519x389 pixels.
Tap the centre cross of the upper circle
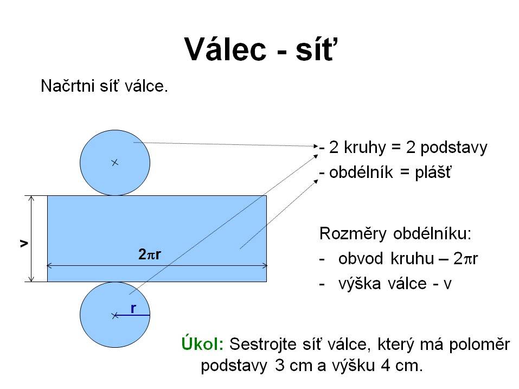115,163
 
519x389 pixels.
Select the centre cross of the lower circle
115,316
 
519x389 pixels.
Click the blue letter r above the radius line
133,309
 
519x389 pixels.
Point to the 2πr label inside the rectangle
150,254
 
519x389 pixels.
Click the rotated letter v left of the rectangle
24,244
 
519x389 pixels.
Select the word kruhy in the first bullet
365,148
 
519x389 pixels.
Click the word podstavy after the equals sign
454,148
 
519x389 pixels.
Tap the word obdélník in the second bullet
361,172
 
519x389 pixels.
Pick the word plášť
433,173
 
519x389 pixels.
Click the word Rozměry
353,234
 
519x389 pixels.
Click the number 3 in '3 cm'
280,366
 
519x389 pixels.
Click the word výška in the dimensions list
360,284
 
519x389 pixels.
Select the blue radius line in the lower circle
132,315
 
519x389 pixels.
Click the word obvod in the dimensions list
361,259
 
